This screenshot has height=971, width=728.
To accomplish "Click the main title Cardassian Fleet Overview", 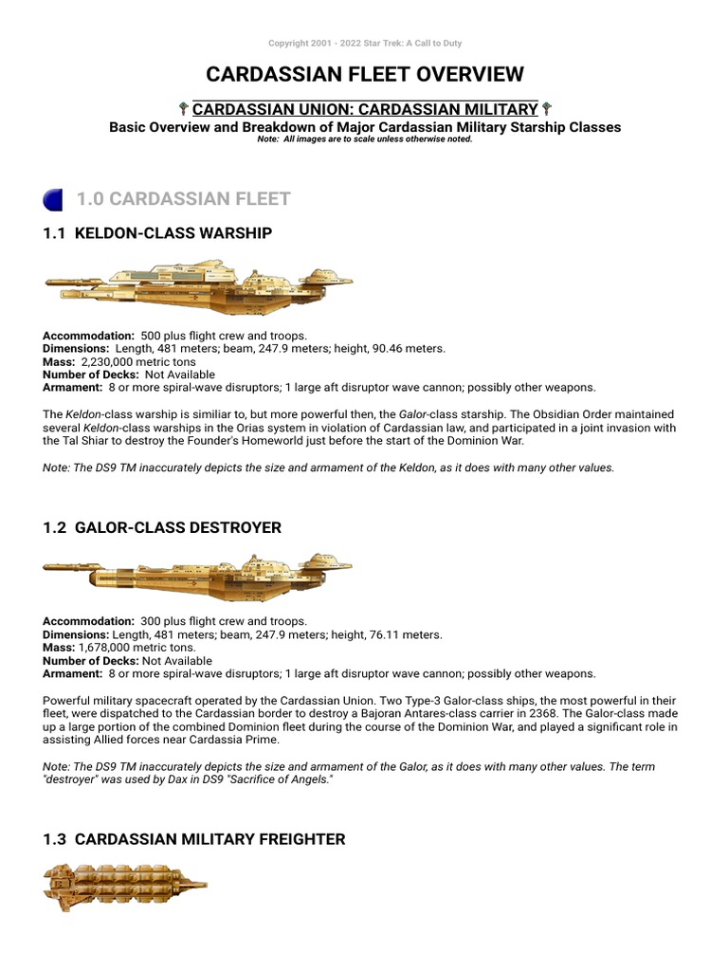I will pyautogui.click(x=365, y=74).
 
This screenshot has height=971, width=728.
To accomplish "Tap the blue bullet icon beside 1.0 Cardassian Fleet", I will pyautogui.click(x=53, y=199).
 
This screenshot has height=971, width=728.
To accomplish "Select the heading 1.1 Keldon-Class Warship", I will pyautogui.click(x=158, y=232).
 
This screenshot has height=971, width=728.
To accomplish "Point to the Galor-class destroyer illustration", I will pyautogui.click(x=198, y=569).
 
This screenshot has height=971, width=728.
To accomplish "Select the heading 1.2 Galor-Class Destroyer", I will pyautogui.click(x=162, y=527).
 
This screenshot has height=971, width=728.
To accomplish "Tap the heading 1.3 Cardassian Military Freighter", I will pyautogui.click(x=194, y=839).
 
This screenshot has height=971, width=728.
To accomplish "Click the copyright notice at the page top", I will pyautogui.click(x=365, y=44).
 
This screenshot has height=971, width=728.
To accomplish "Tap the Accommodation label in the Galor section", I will pyautogui.click(x=88, y=622).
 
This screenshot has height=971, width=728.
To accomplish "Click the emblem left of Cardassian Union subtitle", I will pyautogui.click(x=183, y=110).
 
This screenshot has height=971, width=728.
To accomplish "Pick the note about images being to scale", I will pyautogui.click(x=365, y=139).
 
